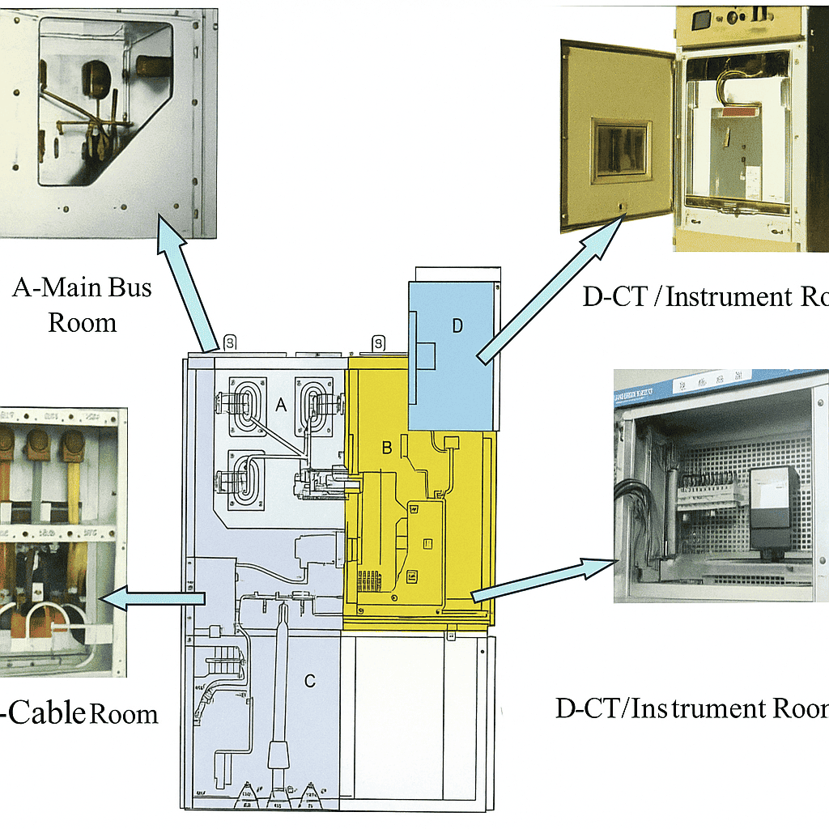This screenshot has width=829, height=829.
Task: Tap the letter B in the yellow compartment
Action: click(387, 448)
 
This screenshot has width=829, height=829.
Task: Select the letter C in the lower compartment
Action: click(309, 681)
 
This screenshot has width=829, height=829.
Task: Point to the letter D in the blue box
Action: click(457, 326)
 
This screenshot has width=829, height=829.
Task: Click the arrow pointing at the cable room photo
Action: click(154, 599)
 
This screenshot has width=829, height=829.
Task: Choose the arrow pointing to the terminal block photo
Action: click(542, 579)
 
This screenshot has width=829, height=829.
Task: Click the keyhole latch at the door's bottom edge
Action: click(620, 207)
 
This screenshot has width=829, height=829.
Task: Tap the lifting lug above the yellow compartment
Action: click(377, 344)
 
